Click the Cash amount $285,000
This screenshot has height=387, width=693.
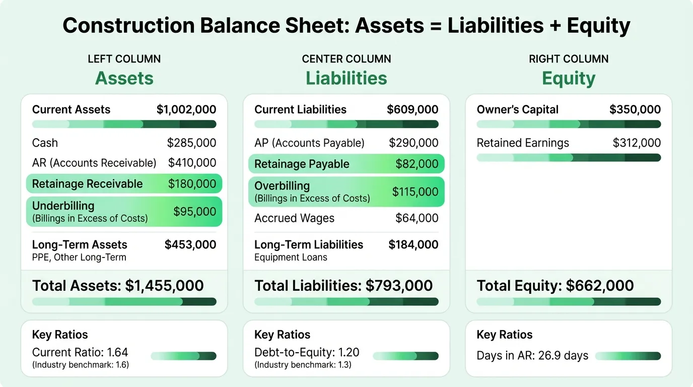[x=191, y=143]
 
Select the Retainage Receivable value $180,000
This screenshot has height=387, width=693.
[x=192, y=184]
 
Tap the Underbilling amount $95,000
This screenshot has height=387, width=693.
[x=194, y=212]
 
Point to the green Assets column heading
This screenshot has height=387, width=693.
[x=124, y=78]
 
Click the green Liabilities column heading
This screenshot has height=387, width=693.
[x=346, y=78]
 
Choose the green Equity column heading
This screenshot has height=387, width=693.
[x=569, y=78]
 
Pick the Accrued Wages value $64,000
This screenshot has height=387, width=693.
[x=417, y=218]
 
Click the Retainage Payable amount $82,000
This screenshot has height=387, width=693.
[x=417, y=164]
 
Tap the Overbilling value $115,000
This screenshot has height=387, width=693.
[x=415, y=192]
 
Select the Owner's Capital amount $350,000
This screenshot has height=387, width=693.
[x=635, y=110]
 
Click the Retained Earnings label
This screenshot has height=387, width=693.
[x=523, y=143]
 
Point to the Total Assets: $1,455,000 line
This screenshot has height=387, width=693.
[x=118, y=286]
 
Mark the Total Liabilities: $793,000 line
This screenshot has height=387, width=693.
[x=343, y=286]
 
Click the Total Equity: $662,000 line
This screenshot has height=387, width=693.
[x=556, y=286]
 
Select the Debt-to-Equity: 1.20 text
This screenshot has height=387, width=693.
[x=307, y=352]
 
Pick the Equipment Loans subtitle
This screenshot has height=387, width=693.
[x=291, y=257]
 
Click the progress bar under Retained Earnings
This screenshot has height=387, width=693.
[x=569, y=158]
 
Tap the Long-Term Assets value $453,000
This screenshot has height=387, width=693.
[x=190, y=245]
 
